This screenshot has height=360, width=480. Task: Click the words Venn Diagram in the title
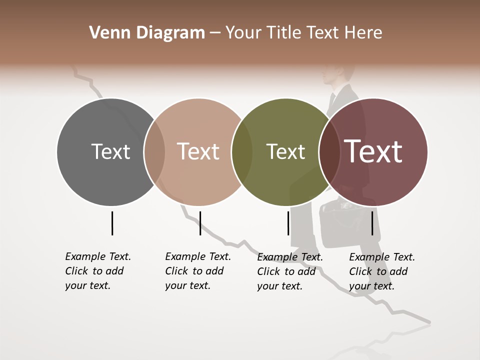[147, 33]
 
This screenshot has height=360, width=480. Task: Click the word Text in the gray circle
[110, 151]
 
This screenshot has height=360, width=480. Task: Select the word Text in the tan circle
[198, 151]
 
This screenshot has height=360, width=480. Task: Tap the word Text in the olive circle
[285, 151]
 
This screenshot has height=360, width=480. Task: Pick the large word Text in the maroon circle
[373, 151]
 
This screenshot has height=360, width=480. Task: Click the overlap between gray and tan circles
[154, 152]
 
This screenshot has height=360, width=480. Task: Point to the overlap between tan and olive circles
[242, 152]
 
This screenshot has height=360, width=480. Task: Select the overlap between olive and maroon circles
[329, 152]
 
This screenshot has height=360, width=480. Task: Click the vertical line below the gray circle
[112, 223]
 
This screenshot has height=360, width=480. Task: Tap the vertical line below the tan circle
[200, 223]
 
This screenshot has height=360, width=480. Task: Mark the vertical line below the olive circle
[288, 223]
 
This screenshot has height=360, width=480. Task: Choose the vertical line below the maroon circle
[372, 223]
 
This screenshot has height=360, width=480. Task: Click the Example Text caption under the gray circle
[98, 271]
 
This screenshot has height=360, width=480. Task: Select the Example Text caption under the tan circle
[198, 271]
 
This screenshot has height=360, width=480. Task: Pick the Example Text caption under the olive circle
[290, 271]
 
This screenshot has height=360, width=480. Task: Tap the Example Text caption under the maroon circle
[382, 271]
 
